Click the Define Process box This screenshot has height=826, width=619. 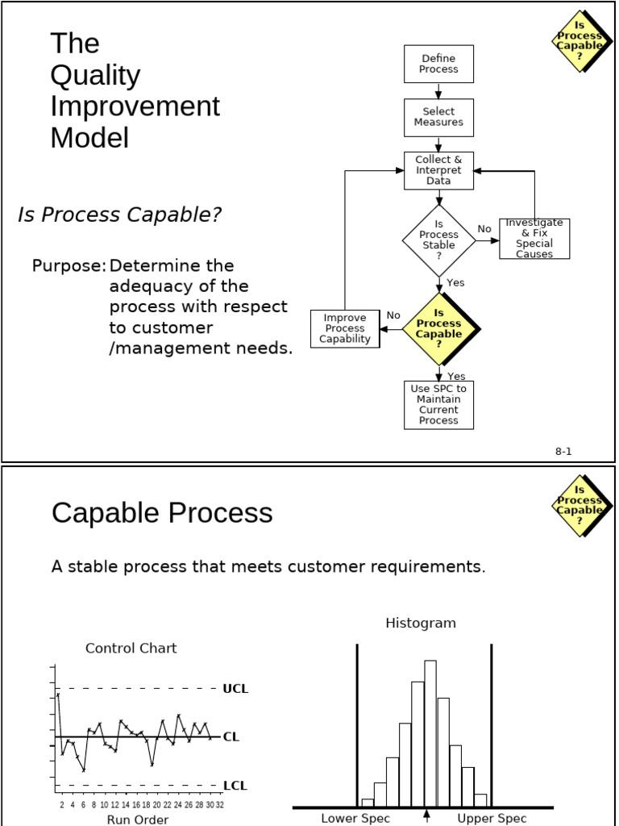click(x=438, y=64)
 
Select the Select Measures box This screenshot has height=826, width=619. click(x=438, y=117)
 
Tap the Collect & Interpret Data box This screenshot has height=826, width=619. click(x=438, y=170)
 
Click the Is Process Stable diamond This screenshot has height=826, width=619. click(x=438, y=240)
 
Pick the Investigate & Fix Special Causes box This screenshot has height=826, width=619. click(x=534, y=238)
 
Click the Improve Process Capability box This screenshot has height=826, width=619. click(x=345, y=328)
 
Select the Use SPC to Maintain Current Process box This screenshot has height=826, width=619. click(x=438, y=404)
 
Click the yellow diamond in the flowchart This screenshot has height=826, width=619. click(x=439, y=328)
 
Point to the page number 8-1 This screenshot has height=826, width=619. click(x=563, y=452)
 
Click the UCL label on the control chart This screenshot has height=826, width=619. click(x=235, y=689)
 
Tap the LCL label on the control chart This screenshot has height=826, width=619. click(x=235, y=785)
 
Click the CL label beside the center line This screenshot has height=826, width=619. click(x=231, y=736)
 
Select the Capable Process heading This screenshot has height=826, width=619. click(x=162, y=513)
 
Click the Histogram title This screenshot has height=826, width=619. click(x=421, y=623)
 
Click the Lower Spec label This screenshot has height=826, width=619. click(x=355, y=818)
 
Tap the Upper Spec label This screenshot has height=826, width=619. click(x=492, y=818)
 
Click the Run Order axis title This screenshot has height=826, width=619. click(x=138, y=820)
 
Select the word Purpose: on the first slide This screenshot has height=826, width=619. click(x=69, y=265)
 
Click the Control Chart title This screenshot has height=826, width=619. click(x=131, y=648)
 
